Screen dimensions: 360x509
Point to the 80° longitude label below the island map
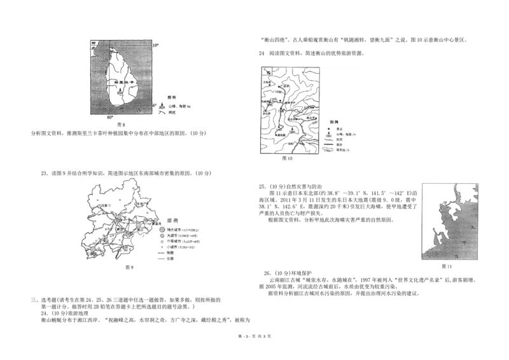(109, 118)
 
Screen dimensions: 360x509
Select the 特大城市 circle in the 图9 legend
(162, 228)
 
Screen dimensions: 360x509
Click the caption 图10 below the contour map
(286, 159)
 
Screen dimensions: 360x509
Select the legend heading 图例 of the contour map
(334, 121)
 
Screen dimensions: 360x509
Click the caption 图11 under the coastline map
(447, 267)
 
